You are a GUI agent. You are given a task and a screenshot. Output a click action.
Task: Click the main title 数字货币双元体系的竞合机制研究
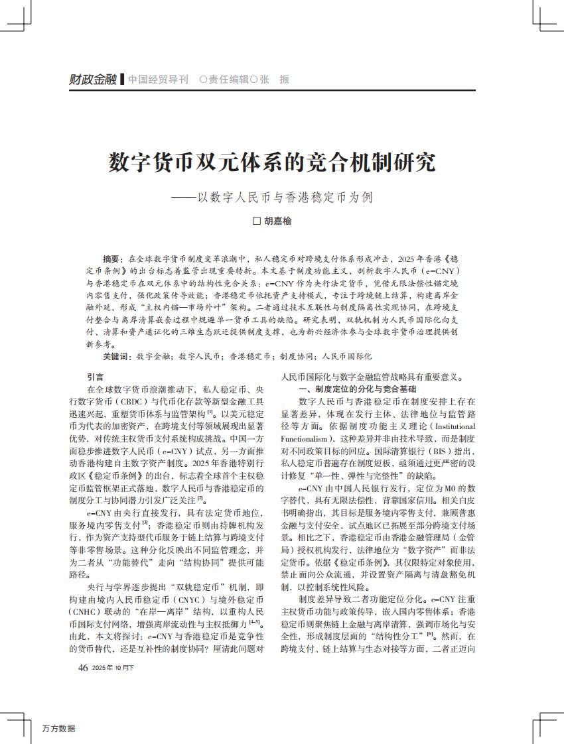click(273, 162)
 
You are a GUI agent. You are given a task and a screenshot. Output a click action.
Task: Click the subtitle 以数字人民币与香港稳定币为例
click(282, 197)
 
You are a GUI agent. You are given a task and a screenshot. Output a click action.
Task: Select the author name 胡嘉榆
click(278, 221)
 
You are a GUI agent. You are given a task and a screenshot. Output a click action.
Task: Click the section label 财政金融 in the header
click(93, 80)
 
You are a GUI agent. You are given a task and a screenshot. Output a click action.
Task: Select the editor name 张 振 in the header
click(274, 80)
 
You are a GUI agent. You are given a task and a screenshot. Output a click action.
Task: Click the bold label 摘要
click(112, 258)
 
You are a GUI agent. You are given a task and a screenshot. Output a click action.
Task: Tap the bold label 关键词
click(117, 356)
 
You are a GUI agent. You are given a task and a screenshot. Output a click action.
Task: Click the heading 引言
click(96, 377)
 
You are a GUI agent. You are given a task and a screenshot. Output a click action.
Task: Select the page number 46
click(83, 668)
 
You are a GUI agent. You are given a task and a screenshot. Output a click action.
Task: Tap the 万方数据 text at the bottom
click(58, 728)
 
